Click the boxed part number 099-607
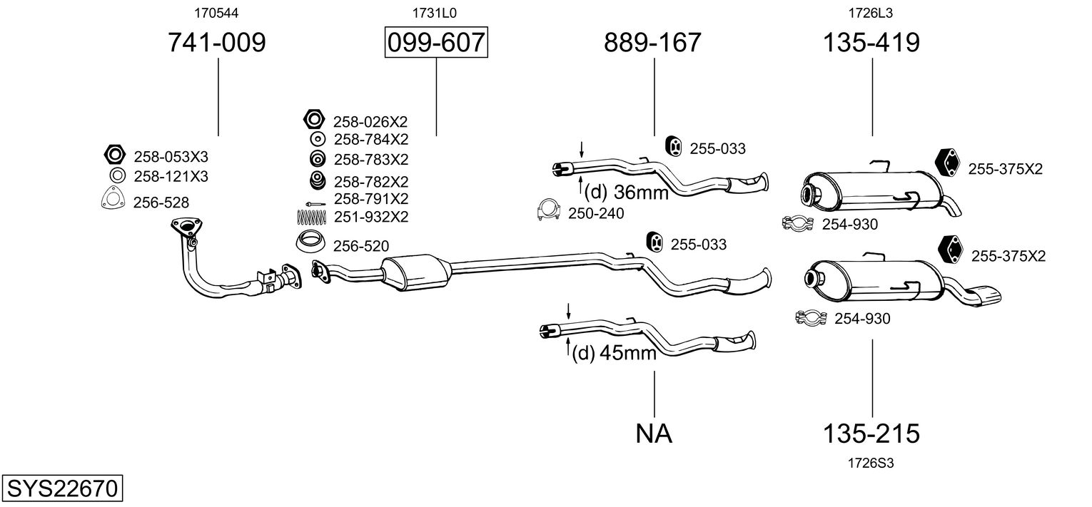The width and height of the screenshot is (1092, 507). click(x=435, y=43)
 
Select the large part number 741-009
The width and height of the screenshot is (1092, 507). click(x=216, y=43)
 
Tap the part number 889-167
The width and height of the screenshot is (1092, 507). click(x=652, y=43)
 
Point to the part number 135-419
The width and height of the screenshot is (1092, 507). click(x=871, y=43)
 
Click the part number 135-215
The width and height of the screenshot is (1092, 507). click(x=871, y=433)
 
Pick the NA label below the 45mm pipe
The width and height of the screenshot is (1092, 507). click(x=654, y=433)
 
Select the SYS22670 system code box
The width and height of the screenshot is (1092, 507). click(x=61, y=489)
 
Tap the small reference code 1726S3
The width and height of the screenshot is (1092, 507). click(x=871, y=463)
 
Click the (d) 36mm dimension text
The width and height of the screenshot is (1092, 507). click(x=626, y=192)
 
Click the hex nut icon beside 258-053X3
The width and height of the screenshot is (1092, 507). click(x=113, y=155)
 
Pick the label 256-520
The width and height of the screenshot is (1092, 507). click(x=361, y=247)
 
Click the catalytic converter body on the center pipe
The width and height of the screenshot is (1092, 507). click(x=415, y=272)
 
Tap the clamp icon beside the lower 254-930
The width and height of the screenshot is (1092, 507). click(x=811, y=317)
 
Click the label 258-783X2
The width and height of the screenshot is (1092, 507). click(x=371, y=159)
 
